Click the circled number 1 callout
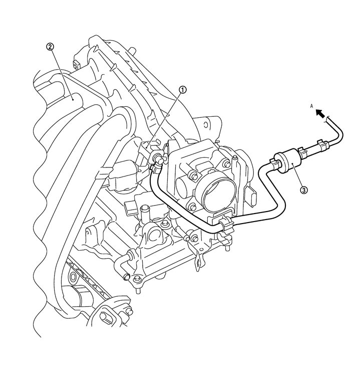[x=183, y=90]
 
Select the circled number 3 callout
[x=303, y=190]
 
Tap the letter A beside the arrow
[x=311, y=106]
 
